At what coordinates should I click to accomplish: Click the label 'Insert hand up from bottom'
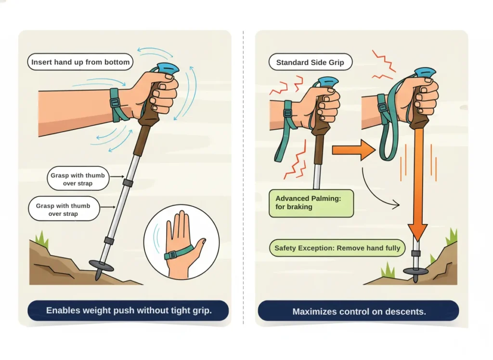pyautogui.click(x=80, y=62)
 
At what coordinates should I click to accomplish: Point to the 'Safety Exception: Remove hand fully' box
pyautogui.click(x=337, y=248)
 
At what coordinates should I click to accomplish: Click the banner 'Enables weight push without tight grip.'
pyautogui.click(x=129, y=310)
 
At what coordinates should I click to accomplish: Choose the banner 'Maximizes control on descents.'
pyautogui.click(x=359, y=311)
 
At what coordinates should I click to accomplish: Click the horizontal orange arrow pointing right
pyautogui.click(x=353, y=151)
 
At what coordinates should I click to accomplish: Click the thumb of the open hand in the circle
pyautogui.click(x=199, y=244)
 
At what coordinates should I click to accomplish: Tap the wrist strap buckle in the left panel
pyautogui.click(x=116, y=103)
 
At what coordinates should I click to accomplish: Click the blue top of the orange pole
pyautogui.click(x=426, y=72)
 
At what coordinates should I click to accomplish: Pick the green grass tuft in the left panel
pyautogui.click(x=42, y=240)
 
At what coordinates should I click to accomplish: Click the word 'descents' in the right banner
pyautogui.click(x=407, y=311)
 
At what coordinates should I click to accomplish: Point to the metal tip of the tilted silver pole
pyautogui.click(x=98, y=276)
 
